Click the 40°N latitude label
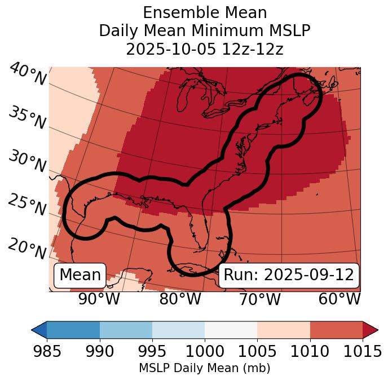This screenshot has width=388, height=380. (x=28, y=74)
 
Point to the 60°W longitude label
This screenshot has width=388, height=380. (x=339, y=299)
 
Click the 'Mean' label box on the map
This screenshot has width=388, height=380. (x=80, y=275)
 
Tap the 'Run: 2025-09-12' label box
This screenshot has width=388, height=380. (x=289, y=275)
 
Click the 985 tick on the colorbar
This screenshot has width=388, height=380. (x=47, y=351)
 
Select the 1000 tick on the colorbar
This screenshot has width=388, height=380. (x=205, y=351)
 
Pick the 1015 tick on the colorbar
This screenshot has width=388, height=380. (x=362, y=351)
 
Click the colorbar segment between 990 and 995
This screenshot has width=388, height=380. (x=126, y=329)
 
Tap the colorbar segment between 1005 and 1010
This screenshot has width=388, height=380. (x=284, y=329)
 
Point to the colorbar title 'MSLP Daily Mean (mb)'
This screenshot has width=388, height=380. (x=204, y=368)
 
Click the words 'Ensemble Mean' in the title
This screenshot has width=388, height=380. (x=205, y=12)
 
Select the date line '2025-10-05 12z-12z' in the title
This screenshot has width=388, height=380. (x=205, y=49)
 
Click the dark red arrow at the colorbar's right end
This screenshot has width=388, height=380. (x=371, y=329)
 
